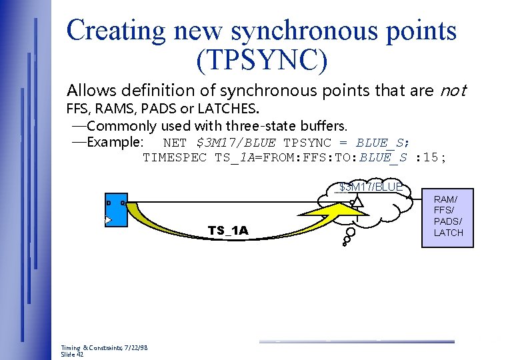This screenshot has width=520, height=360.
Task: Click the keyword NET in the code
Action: click(175, 142)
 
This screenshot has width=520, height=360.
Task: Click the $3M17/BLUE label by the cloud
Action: click(371, 187)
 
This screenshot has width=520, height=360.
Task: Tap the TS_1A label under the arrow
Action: click(228, 231)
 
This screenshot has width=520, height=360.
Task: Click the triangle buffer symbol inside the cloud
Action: click(357, 201)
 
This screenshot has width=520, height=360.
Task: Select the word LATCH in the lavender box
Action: click(448, 232)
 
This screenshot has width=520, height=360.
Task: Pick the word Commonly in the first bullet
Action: click(121, 125)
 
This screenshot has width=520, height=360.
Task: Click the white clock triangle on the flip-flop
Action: click(109, 219)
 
